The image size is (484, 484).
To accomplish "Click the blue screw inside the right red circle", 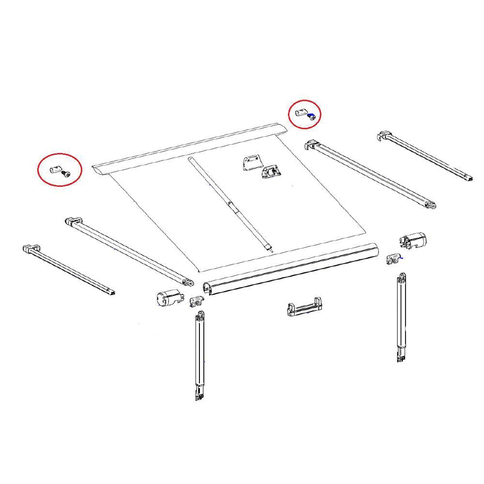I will pyautogui.click(x=313, y=116).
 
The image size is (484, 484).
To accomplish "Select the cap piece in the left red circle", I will pyautogui.click(x=55, y=170).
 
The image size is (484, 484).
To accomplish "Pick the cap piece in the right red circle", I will pyautogui.click(x=301, y=114).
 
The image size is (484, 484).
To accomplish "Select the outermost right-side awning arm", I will pyautogui.click(x=426, y=157).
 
